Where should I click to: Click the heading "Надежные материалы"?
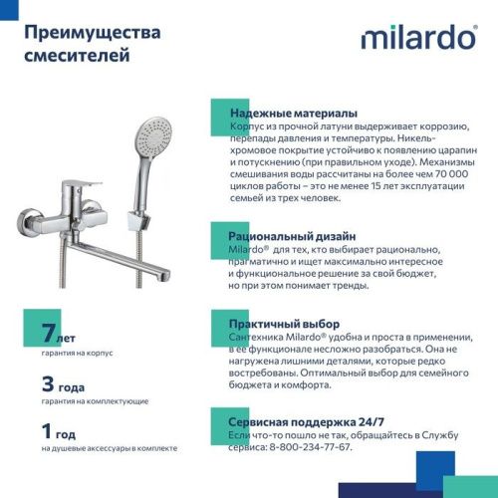point(293,114)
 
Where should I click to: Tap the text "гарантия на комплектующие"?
point(95,400)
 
